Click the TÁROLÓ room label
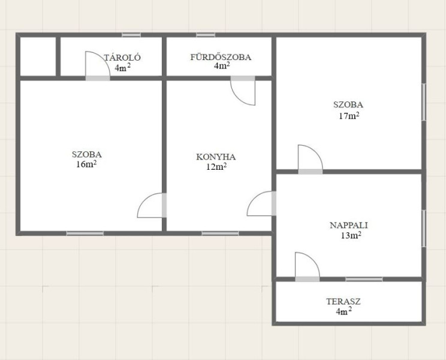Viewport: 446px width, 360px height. (x=122, y=58)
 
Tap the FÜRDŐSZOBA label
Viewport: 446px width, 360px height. (x=221, y=57)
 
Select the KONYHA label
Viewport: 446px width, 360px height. (x=216, y=157)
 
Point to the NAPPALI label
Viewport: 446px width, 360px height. (x=349, y=225)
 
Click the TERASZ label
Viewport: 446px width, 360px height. (x=343, y=301)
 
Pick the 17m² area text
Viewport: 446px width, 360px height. (x=349, y=116)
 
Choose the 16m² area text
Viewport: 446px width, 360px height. (x=86, y=164)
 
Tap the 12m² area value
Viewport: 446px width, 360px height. (x=216, y=167)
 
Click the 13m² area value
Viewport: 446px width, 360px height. (x=351, y=235)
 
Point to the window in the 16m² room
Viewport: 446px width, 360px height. (x=85, y=233)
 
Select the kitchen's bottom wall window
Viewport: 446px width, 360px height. (x=220, y=233)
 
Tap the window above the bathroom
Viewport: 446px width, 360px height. (x=206, y=35)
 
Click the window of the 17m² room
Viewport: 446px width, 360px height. (x=424, y=102)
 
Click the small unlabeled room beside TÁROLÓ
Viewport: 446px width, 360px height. (x=38, y=56)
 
